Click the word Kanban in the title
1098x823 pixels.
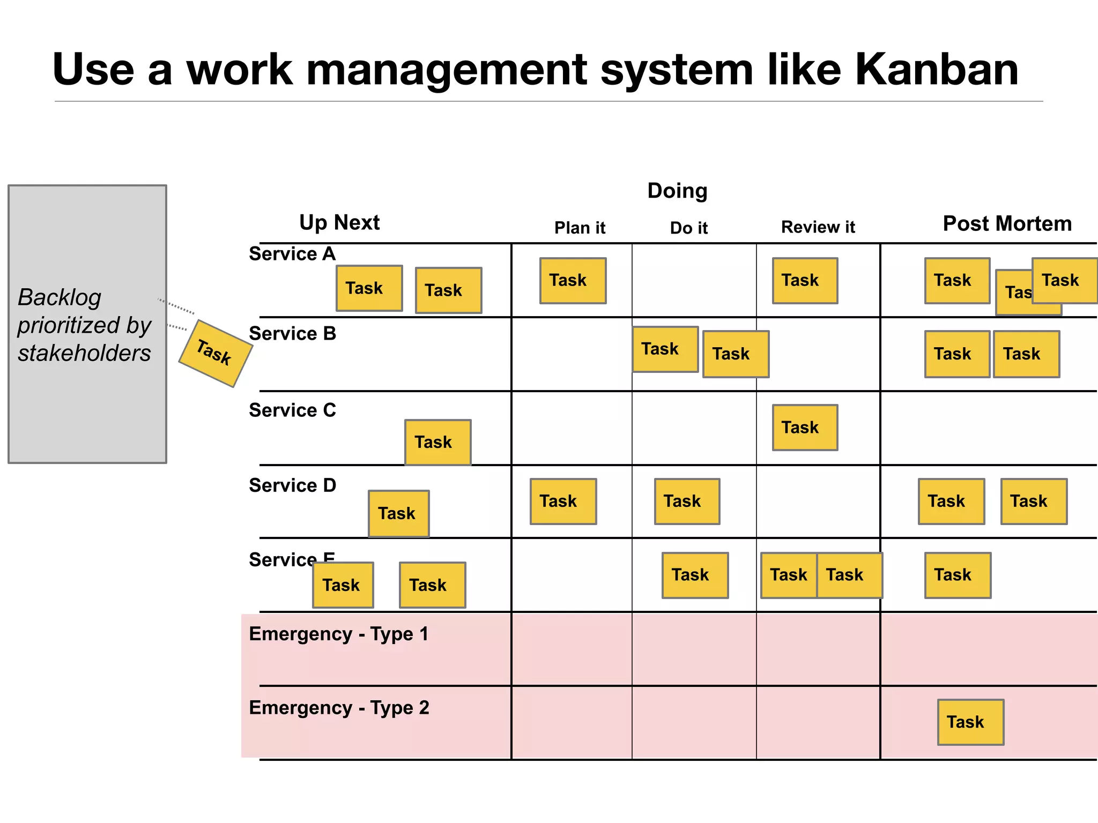(x=936, y=70)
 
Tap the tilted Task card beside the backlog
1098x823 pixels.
(x=215, y=353)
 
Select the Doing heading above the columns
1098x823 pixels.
(x=677, y=191)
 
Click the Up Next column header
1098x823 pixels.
(x=339, y=222)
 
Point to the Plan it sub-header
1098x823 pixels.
(x=580, y=228)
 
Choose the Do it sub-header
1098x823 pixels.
(x=688, y=228)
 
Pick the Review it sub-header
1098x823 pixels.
(x=818, y=227)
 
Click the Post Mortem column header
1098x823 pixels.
(x=1007, y=223)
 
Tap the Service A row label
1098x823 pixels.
(x=292, y=253)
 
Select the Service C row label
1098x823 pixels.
(x=292, y=410)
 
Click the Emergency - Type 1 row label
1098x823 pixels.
(x=339, y=634)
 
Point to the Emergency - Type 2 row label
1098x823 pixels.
(x=339, y=708)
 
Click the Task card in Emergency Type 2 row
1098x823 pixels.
(x=970, y=722)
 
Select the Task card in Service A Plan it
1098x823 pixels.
(x=573, y=281)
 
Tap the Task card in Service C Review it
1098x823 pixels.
(x=805, y=427)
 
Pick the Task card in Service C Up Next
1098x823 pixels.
(x=437, y=442)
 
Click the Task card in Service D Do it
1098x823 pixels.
(x=687, y=501)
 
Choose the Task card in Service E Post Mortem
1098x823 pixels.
(x=958, y=575)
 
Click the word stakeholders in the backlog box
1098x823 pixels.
(x=84, y=353)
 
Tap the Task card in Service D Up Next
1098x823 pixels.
(x=398, y=513)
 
